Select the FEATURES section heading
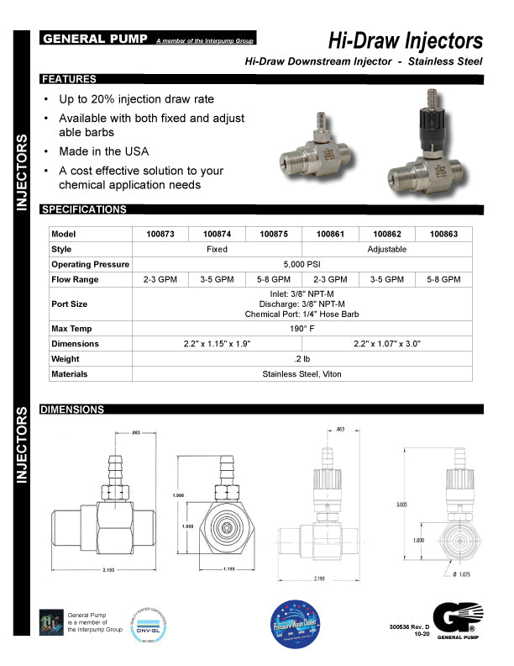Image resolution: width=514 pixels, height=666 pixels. [x=68, y=79]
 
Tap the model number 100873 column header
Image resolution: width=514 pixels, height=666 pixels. [x=160, y=234]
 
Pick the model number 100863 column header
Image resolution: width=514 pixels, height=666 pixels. [x=443, y=234]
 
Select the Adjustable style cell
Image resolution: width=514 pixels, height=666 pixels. [x=387, y=249]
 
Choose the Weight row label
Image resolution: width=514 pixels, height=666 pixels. [x=65, y=358]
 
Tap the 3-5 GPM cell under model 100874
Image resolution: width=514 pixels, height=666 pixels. [x=217, y=279]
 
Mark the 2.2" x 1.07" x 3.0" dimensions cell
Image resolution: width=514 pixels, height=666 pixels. [x=387, y=343]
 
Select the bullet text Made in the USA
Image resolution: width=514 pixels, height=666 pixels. [x=103, y=151]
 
